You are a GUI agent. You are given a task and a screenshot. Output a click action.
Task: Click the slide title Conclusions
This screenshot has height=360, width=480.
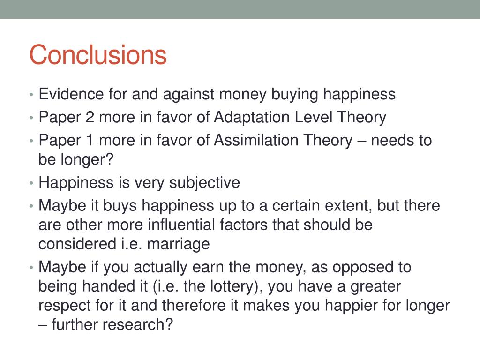pyautogui.click(x=98, y=55)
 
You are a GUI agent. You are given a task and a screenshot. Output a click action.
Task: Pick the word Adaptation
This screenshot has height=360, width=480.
pyautogui.click(x=252, y=117)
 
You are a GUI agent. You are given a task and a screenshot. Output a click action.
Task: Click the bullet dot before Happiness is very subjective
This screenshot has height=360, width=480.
pyautogui.click(x=31, y=183)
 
